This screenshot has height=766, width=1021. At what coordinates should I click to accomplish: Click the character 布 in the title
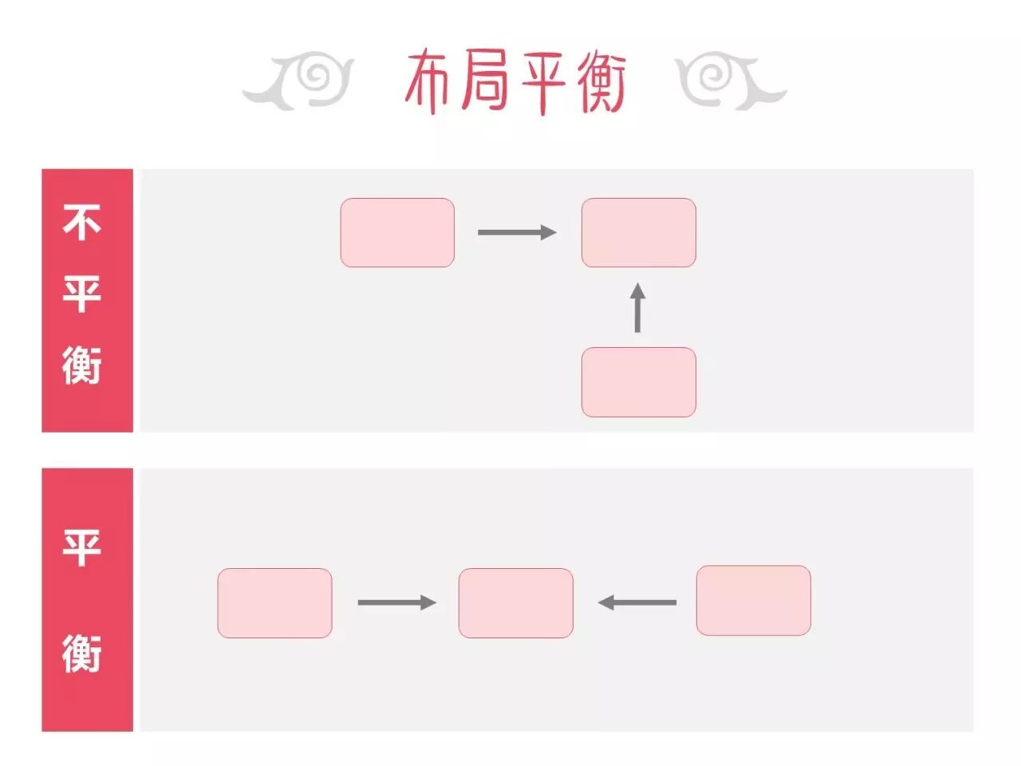[x=431, y=81]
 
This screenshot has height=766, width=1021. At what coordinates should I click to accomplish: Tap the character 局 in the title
[x=485, y=81]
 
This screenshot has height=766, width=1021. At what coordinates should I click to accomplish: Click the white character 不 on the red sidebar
[x=82, y=221]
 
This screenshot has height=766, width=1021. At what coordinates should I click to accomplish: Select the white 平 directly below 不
[x=82, y=294]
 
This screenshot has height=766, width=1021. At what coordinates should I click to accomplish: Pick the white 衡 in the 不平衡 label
[x=82, y=365]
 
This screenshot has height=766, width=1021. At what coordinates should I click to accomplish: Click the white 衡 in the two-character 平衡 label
[x=82, y=653]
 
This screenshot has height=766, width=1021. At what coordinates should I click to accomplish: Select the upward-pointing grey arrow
[x=637, y=307]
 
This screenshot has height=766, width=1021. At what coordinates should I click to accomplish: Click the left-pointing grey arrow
[x=637, y=602]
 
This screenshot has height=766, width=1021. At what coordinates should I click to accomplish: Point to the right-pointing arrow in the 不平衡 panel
[x=517, y=232]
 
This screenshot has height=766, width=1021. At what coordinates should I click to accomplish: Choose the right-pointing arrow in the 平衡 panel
[x=396, y=602]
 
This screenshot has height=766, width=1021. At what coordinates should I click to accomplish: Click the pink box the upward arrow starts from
[x=638, y=382]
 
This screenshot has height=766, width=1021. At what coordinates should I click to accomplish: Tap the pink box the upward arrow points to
[x=638, y=232]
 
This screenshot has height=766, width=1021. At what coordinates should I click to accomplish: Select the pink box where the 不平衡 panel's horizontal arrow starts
[x=397, y=232]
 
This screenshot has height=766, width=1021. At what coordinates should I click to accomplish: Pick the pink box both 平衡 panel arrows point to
[x=515, y=602]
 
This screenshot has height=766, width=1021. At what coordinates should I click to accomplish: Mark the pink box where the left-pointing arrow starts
[x=753, y=600]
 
